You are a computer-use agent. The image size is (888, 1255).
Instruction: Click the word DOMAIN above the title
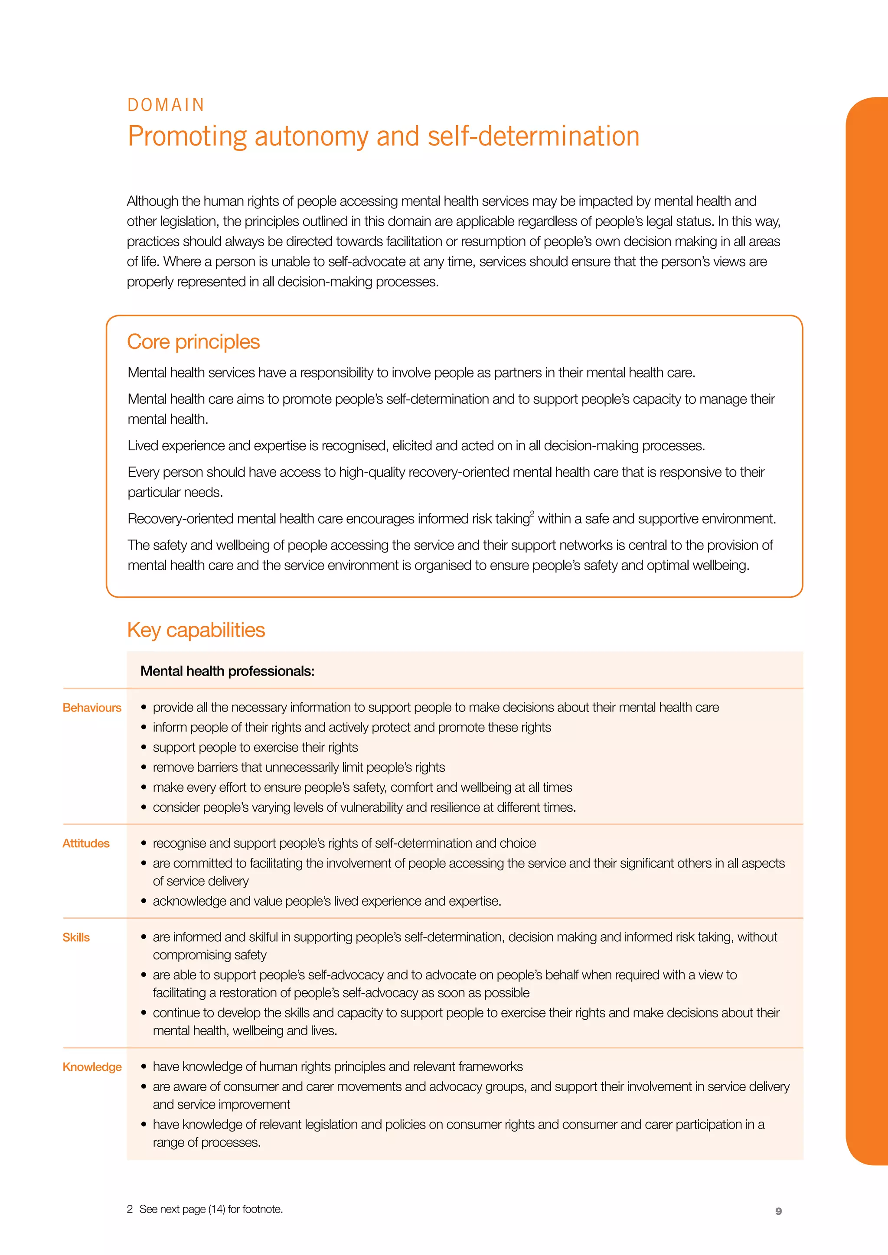pyautogui.click(x=166, y=105)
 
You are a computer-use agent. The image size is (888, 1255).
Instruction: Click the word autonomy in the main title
pyautogui.click(x=311, y=137)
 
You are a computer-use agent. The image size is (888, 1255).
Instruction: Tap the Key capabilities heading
pyautogui.click(x=196, y=630)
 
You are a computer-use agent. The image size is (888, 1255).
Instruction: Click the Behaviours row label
pyautogui.click(x=92, y=708)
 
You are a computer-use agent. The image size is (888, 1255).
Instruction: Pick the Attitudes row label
pyautogui.click(x=86, y=843)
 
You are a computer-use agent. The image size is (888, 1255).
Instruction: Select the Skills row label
pyautogui.click(x=76, y=937)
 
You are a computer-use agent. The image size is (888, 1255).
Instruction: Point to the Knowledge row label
pyautogui.click(x=92, y=1067)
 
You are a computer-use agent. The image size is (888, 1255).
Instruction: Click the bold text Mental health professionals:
pyautogui.click(x=228, y=671)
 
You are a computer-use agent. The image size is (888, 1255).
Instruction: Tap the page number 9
pyautogui.click(x=779, y=1211)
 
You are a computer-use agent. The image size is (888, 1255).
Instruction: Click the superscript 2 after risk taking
pyautogui.click(x=532, y=513)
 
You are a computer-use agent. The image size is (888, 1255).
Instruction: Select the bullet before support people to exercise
pyautogui.click(x=144, y=748)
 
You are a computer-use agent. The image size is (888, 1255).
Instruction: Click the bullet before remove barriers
pyautogui.click(x=144, y=767)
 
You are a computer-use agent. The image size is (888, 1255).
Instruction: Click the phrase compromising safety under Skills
pyautogui.click(x=209, y=955)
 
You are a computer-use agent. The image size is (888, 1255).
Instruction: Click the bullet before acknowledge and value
pyautogui.click(x=144, y=901)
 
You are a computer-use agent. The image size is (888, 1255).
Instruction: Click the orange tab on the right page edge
pyautogui.click(x=867, y=629)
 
